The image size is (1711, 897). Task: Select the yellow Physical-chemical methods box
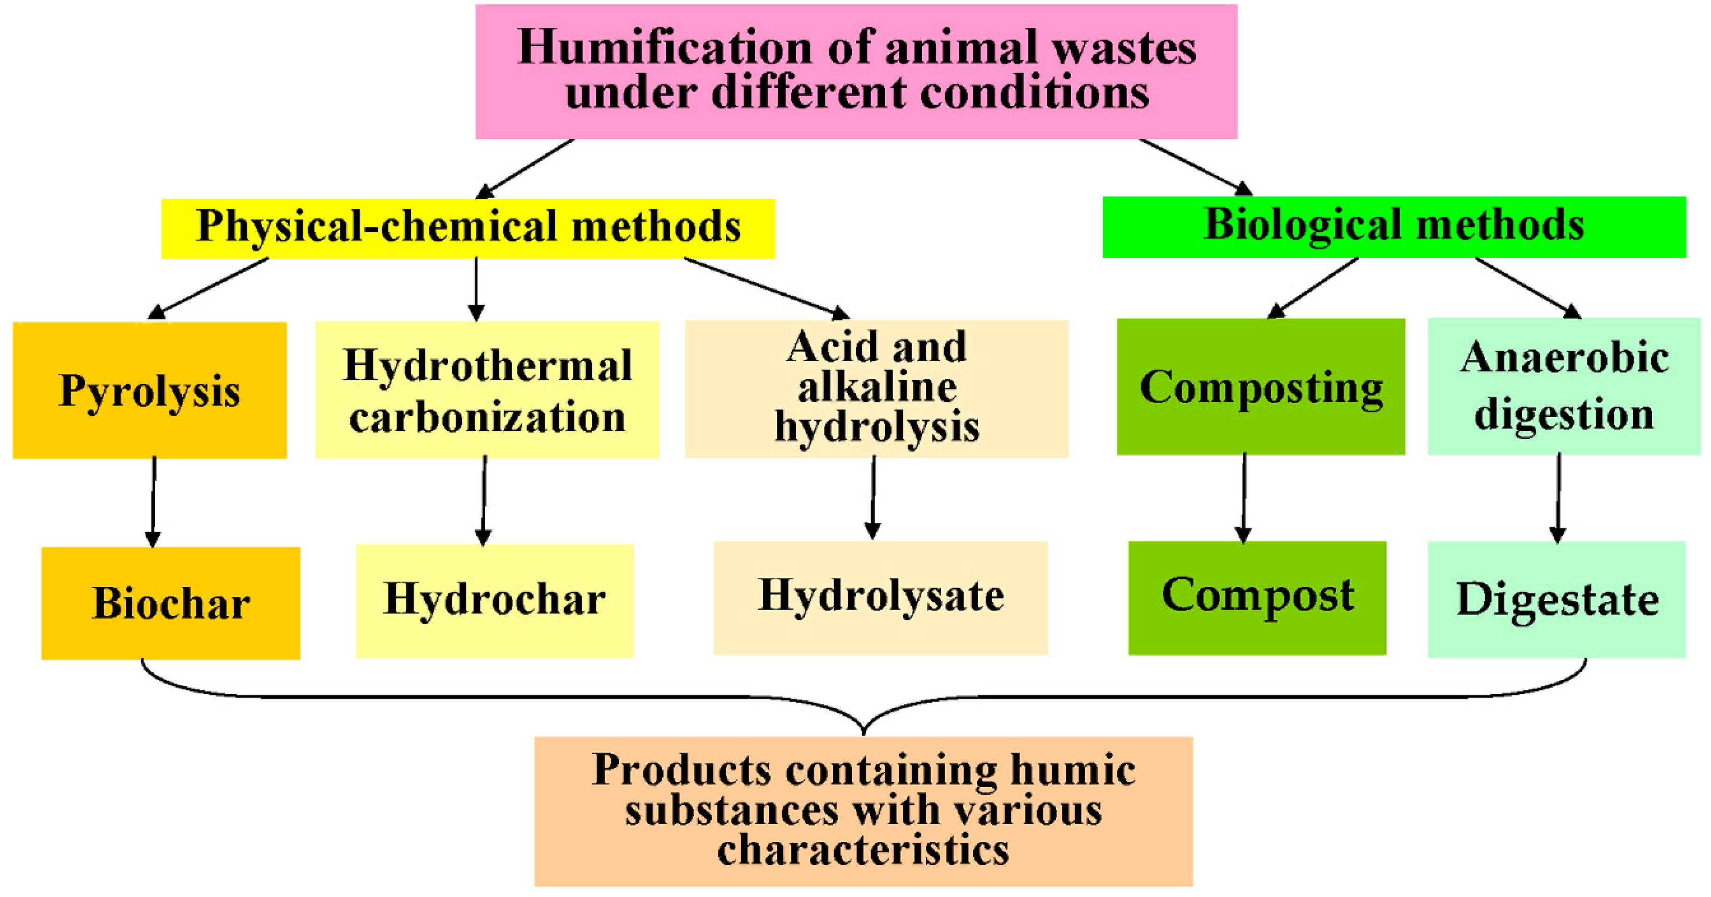pos(468,228)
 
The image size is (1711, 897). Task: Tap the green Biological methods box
pos(1394,227)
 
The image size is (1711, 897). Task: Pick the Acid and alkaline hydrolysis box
pos(876,388)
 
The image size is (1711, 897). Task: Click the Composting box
pos(1260,386)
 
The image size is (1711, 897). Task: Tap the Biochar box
pos(171,602)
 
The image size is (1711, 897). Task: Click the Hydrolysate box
pos(880,597)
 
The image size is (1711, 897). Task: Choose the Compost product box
pos(1257,597)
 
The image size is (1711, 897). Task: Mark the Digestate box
pos(1556,599)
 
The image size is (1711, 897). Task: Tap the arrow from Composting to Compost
pos(1243,498)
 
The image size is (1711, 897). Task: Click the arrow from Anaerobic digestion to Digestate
pos(1558,498)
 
